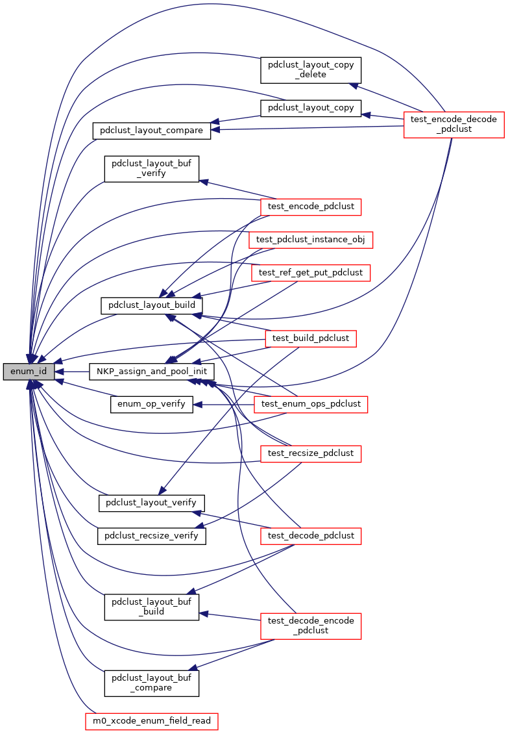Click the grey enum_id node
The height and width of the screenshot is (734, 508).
pyautogui.click(x=28, y=372)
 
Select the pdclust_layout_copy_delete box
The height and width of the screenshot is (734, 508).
pyautogui.click(x=311, y=70)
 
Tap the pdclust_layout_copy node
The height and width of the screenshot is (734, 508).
pyautogui.click(x=311, y=108)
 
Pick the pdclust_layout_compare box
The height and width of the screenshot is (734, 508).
pyautogui.click(x=152, y=130)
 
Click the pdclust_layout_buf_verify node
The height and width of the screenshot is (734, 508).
pyautogui.click(x=152, y=168)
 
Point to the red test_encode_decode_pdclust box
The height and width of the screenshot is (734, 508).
pyautogui.click(x=454, y=124)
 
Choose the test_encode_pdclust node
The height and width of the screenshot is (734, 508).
pyautogui.click(x=310, y=207)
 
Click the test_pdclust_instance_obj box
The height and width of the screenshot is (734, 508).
pyautogui.click(x=311, y=239)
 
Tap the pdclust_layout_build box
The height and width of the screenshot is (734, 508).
pyautogui.click(x=152, y=305)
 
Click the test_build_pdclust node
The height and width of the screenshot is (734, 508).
pyautogui.click(x=311, y=338)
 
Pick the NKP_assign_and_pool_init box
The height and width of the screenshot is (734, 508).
pyautogui.click(x=151, y=372)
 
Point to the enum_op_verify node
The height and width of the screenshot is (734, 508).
pyautogui.click(x=151, y=404)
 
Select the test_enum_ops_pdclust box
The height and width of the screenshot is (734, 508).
pyautogui.click(x=311, y=404)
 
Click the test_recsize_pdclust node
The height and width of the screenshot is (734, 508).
pyautogui.click(x=310, y=453)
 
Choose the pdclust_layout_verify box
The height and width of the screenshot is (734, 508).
pyautogui.click(x=151, y=503)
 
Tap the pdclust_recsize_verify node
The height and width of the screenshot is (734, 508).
pyautogui.click(x=151, y=536)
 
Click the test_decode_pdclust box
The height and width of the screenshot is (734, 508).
pyautogui.click(x=310, y=536)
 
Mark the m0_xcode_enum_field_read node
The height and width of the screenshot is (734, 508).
pyautogui.click(x=151, y=721)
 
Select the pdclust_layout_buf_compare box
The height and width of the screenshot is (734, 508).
pyautogui.click(x=152, y=682)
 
